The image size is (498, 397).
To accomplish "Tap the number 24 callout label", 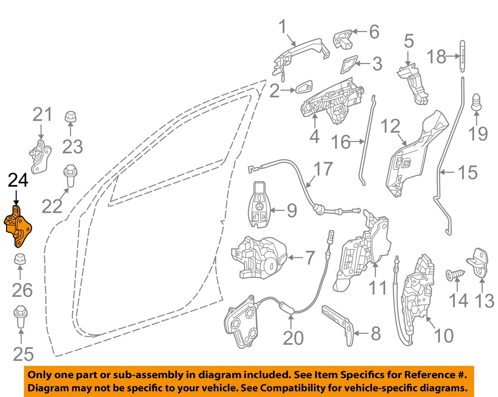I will coord(18,181).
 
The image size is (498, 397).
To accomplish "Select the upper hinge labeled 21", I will coord(40,156).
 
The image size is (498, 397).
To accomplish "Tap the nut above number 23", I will coord(70,116).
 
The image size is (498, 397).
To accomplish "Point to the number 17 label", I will coord(323,169).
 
